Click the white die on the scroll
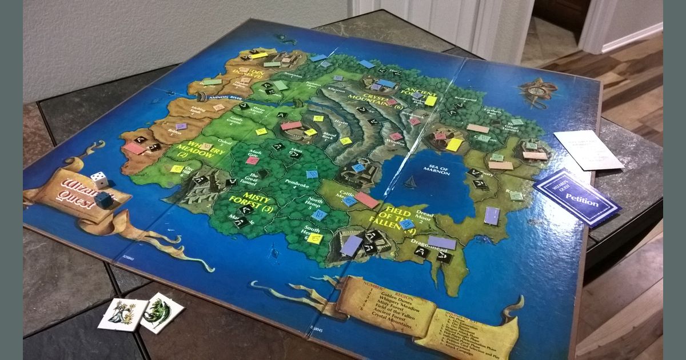tap(99, 180)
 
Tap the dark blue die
tap(103, 200)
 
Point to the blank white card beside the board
tap(587, 150)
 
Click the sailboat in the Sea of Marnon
tap(410, 183)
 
